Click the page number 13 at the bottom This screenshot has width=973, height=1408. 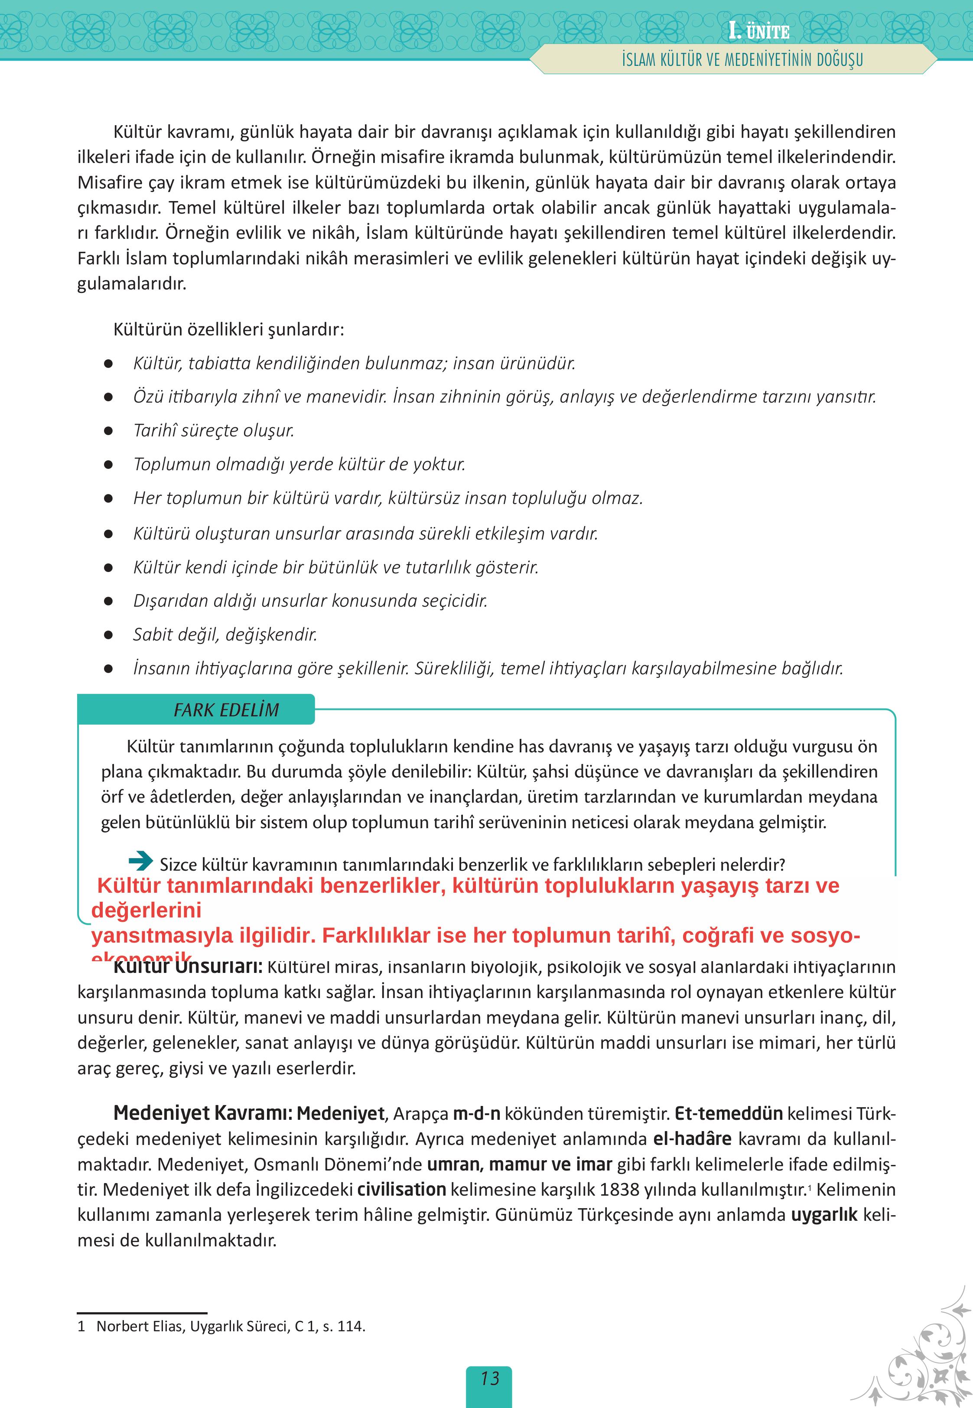pyautogui.click(x=490, y=1378)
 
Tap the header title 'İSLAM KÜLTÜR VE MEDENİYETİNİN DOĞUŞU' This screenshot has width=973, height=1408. pyautogui.click(x=742, y=60)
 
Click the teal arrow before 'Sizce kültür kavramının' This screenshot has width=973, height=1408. pyautogui.click(x=140, y=861)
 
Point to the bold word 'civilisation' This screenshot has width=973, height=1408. pyautogui.click(x=402, y=1189)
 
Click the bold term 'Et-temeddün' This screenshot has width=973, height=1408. pyautogui.click(x=729, y=1114)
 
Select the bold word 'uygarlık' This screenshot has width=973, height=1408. pyautogui.click(x=824, y=1215)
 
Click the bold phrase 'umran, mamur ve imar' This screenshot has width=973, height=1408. pyautogui.click(x=519, y=1164)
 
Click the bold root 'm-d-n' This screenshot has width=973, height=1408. pyautogui.click(x=476, y=1114)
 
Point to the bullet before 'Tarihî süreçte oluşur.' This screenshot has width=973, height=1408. pyautogui.click(x=108, y=431)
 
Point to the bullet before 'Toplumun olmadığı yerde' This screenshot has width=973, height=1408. pyautogui.click(x=108, y=465)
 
